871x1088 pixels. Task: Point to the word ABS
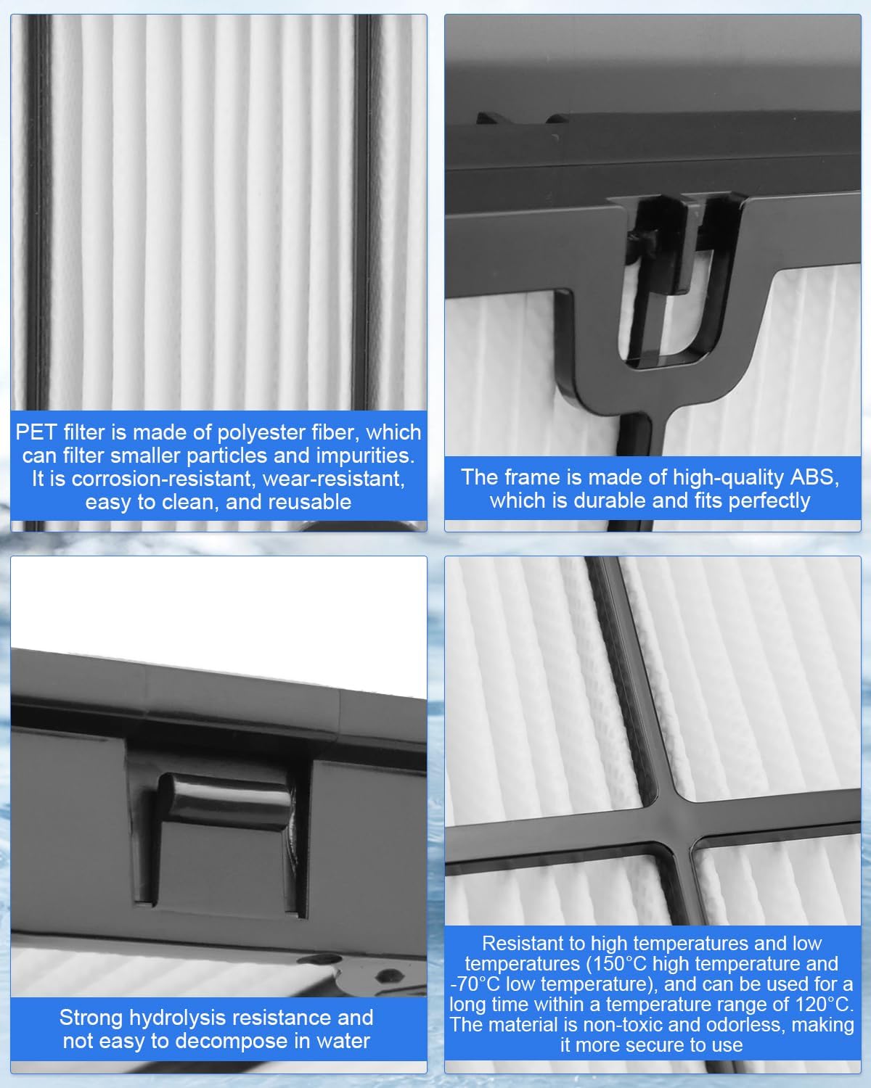(814, 477)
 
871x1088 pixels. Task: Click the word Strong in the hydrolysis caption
(91, 1018)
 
